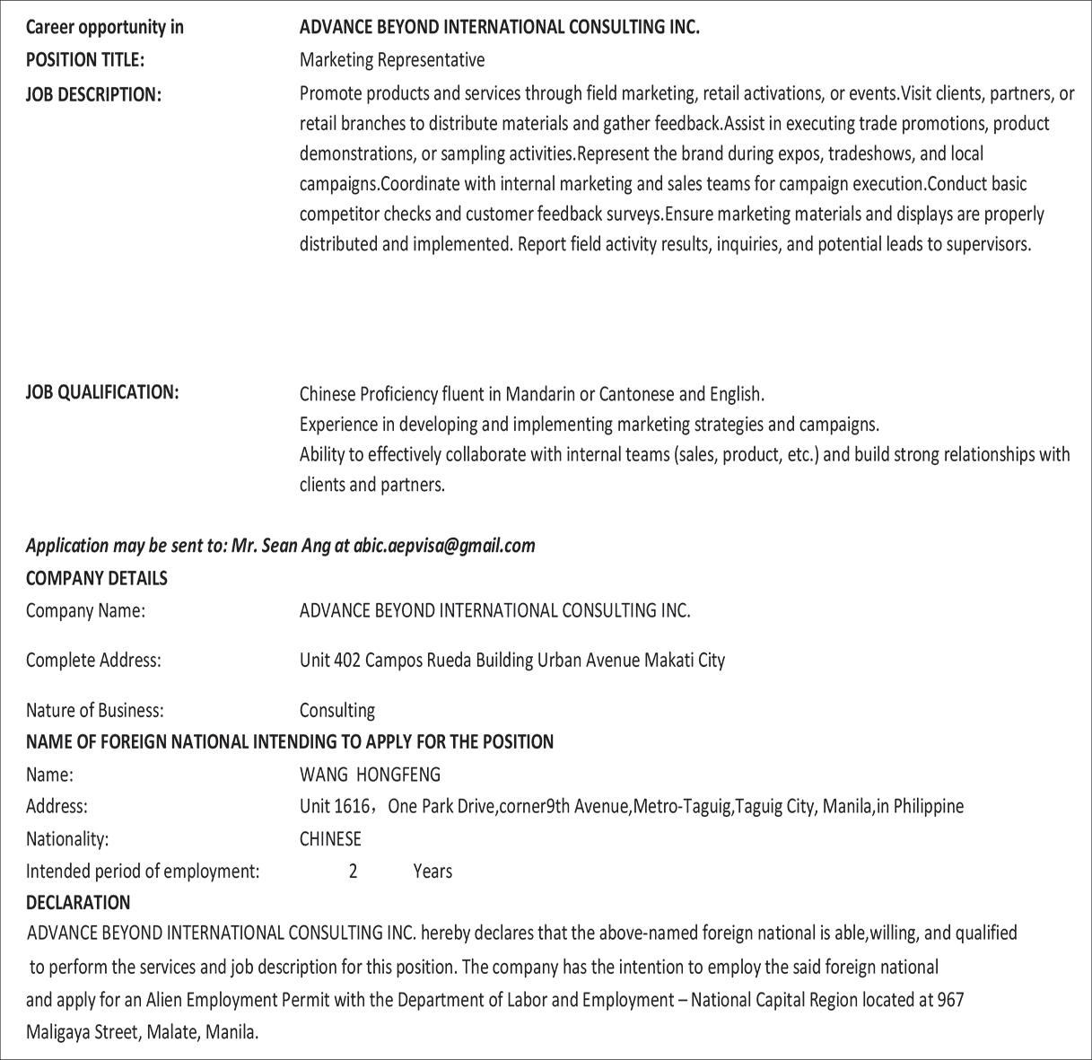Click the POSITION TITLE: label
click(84, 60)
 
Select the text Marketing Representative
click(391, 60)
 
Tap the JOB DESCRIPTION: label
click(93, 94)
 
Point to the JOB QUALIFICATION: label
click(102, 392)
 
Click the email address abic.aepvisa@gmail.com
click(444, 546)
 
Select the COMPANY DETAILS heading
click(96, 578)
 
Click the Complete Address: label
click(93, 661)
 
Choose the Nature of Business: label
click(94, 711)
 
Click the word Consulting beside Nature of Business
click(336, 711)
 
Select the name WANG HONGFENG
click(370, 774)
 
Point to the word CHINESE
click(330, 839)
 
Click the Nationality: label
click(67, 839)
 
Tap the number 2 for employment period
click(353, 872)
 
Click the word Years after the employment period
click(432, 872)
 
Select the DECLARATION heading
click(78, 902)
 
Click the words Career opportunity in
click(104, 27)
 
